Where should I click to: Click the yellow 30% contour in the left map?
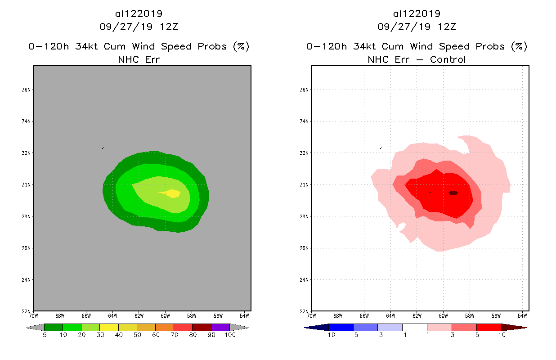coord(172,193)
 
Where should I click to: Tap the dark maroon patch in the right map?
coord(453,193)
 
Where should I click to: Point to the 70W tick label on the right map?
coord(311,315)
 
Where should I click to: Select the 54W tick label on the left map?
coord(244,315)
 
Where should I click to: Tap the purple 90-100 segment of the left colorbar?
coord(220,327)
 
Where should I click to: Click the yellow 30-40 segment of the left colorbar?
coord(109,327)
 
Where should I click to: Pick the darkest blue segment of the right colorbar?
coord(317,327)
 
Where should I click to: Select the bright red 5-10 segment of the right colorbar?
coord(489,327)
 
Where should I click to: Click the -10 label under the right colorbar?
coord(328,335)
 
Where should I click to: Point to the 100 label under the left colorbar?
coord(229,335)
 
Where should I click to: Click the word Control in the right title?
coord(448,59)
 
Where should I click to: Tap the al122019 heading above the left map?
coord(139,14)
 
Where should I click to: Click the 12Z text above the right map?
coord(447,27)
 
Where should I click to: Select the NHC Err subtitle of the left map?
coord(139,59)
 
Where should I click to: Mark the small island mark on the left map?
coord(103,148)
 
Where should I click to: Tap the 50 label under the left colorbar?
coord(137,335)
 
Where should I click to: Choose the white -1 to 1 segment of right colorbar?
coord(414,327)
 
